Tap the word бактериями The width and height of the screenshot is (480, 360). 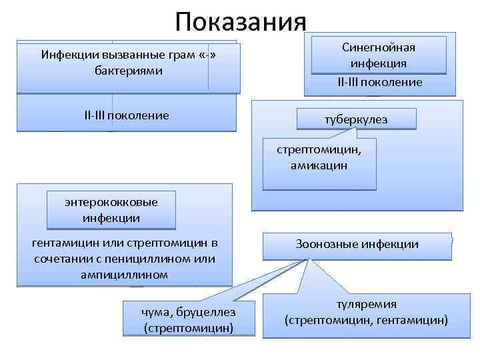[129, 71]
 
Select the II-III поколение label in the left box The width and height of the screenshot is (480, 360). [127, 116]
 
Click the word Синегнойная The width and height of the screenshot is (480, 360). [379, 48]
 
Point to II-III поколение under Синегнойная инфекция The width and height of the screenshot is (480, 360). [379, 83]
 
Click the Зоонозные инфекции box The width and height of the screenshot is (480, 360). [357, 245]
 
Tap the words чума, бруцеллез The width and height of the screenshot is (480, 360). [189, 312]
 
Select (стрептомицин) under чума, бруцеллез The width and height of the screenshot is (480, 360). [189, 328]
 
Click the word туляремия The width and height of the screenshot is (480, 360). [367, 305]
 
